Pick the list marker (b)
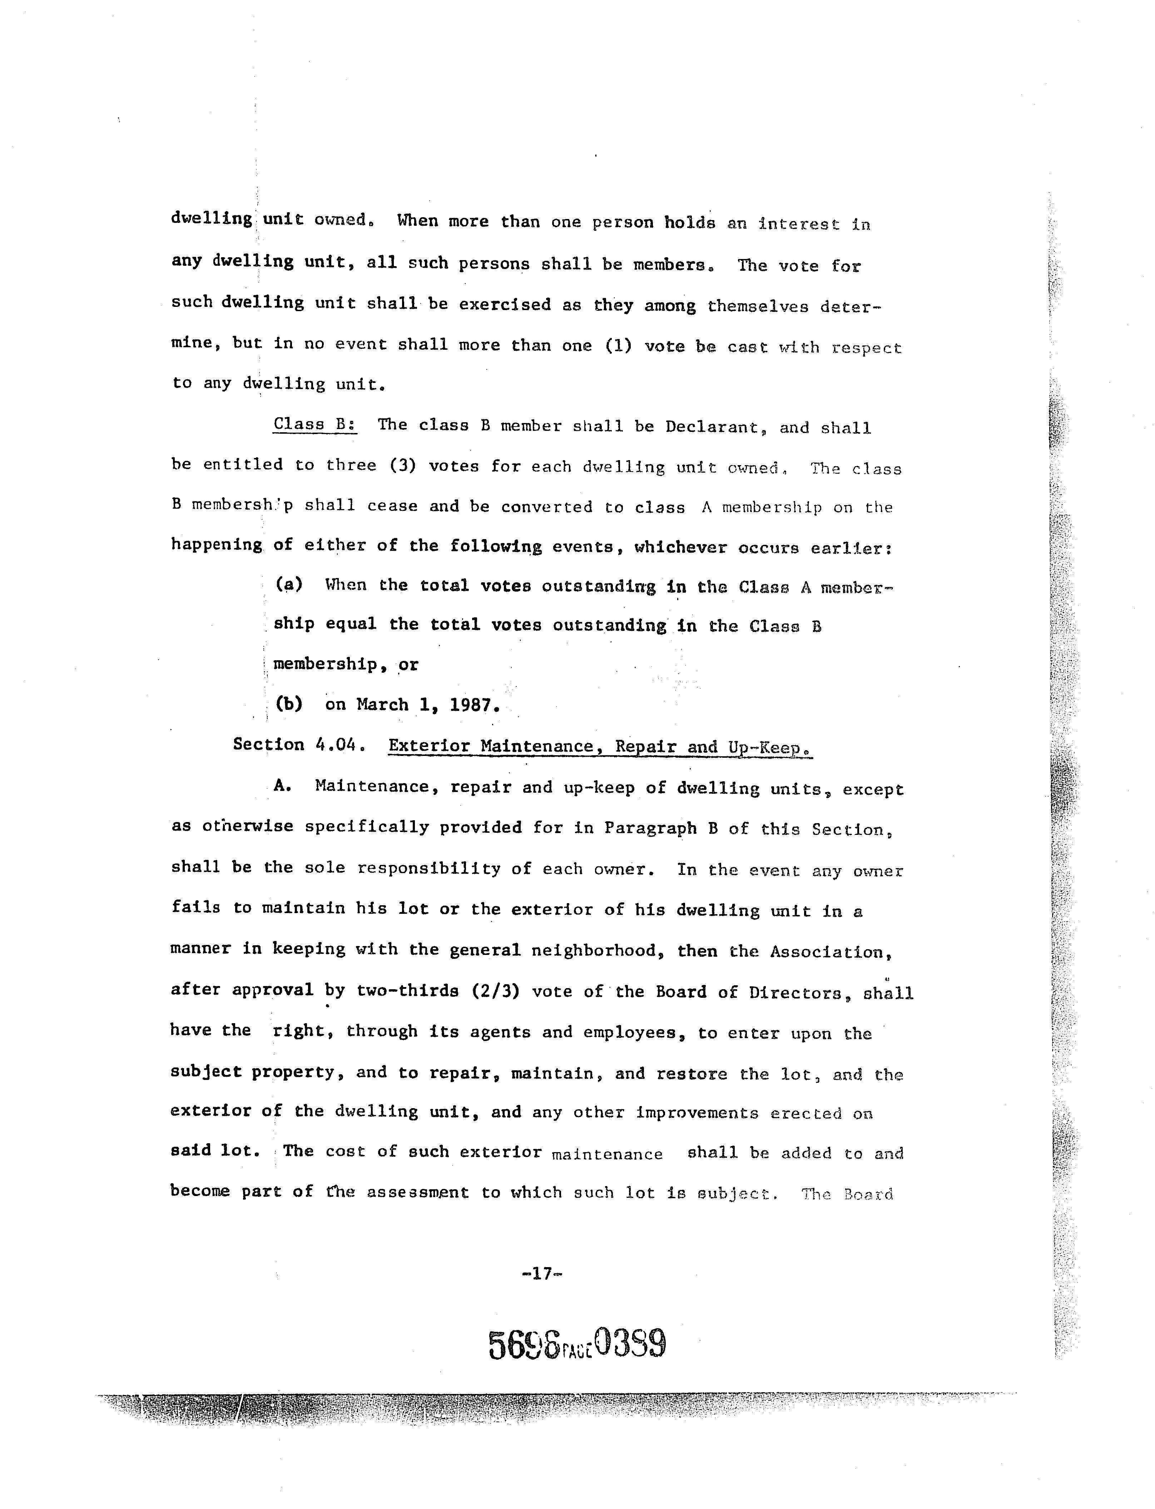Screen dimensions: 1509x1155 (x=289, y=704)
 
